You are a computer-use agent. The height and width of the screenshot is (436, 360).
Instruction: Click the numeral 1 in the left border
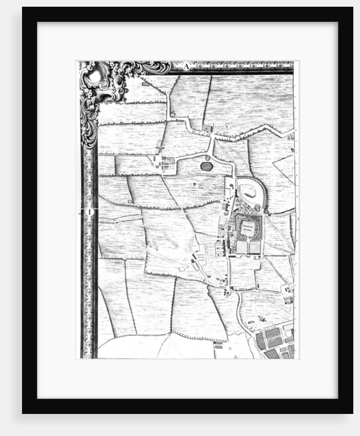[x=88, y=211]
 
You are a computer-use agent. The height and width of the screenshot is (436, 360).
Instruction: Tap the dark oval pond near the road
[x=206, y=166]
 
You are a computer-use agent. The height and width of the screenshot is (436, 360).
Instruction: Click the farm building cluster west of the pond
[x=165, y=164]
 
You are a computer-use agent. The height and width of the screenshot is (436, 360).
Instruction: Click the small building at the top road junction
[x=207, y=128]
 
